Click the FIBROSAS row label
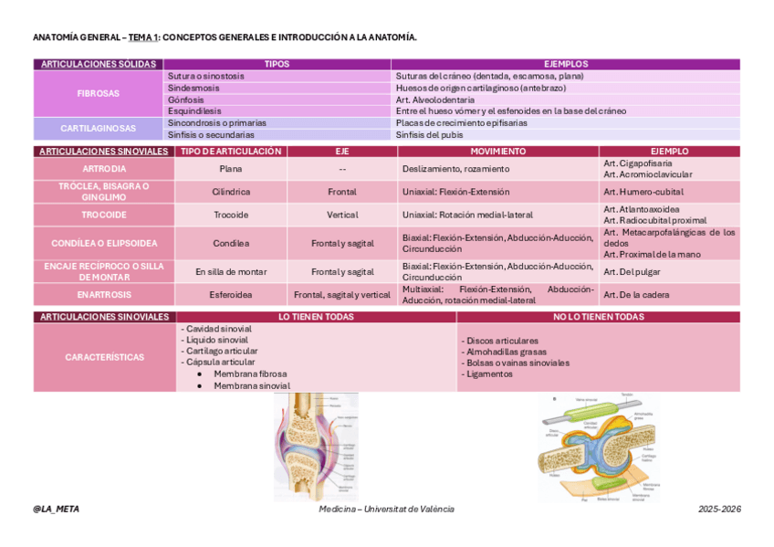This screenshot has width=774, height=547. point(99,93)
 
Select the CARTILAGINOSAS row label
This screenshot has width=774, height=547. point(99,129)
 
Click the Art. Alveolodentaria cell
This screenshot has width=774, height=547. point(435,100)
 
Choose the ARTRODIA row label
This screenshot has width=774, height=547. point(104,169)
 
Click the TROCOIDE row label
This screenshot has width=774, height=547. point(104,215)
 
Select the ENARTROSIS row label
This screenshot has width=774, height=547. point(104,295)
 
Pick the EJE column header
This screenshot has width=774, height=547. point(342,151)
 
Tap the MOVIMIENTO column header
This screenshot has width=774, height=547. point(497,151)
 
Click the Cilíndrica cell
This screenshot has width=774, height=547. point(231,192)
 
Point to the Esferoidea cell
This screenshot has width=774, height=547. point(231,295)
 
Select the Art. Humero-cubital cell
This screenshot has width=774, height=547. point(643,192)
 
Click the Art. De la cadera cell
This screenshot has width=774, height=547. point(636,295)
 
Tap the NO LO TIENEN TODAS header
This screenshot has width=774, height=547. point(598,317)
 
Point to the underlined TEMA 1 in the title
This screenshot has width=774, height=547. point(143,37)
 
